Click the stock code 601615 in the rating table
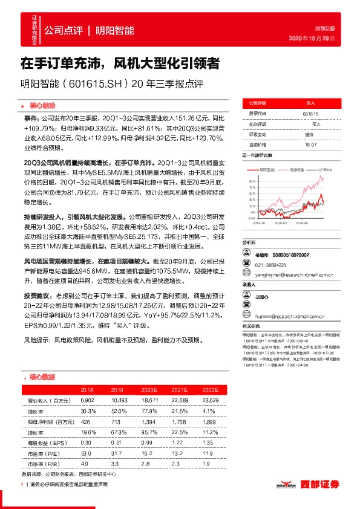pos(310,113)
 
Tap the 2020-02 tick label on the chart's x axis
pos(281,222)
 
